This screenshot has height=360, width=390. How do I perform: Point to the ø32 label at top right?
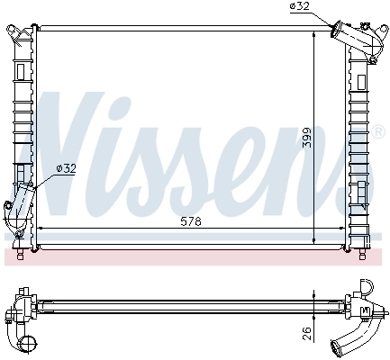299,8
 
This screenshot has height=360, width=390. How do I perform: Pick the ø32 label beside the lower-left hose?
65,167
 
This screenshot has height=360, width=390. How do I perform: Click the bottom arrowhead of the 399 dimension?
313,240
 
